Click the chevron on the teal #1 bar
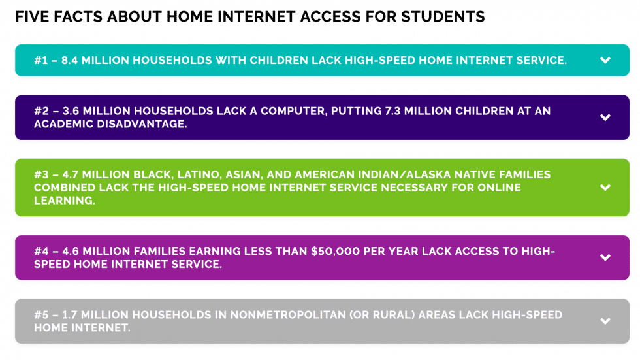click(x=605, y=61)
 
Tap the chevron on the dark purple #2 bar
click(x=605, y=118)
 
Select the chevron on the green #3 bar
click(x=605, y=188)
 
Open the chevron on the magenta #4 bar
click(x=605, y=257)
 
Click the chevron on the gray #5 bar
click(x=605, y=321)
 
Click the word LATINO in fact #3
click(x=176, y=174)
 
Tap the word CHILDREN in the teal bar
click(x=253, y=61)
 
